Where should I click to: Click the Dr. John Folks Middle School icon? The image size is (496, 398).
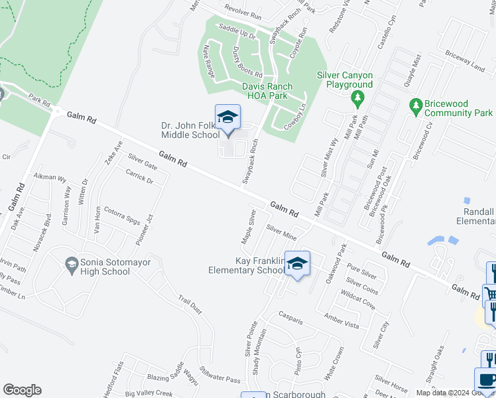tap(227, 117)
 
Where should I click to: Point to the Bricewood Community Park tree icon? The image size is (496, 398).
tap(416, 105)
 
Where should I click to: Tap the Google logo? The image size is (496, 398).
tap(22, 390)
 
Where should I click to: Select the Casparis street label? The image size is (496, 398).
tap(290, 317)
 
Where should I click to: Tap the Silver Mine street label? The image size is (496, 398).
tap(281, 231)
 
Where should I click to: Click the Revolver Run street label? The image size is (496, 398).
tap(243, 11)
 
